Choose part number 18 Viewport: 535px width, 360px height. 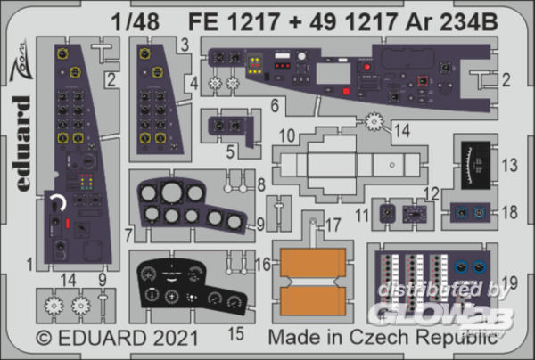point(509,212)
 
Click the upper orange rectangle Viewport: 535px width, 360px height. point(313,261)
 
